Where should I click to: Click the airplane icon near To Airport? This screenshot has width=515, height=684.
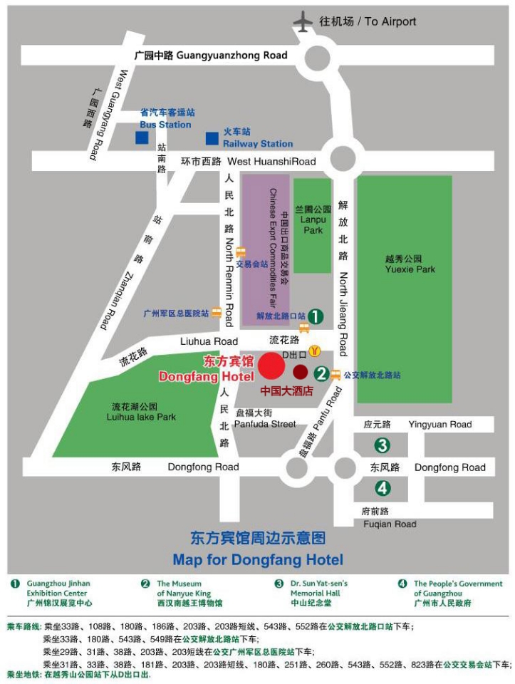pos(305,21)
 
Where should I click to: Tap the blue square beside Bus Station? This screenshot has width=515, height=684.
pos(144,137)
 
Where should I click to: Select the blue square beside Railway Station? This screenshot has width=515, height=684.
pos(212,138)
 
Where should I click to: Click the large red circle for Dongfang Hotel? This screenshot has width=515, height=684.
pos(271,366)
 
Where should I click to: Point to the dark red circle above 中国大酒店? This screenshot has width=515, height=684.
pos(301,371)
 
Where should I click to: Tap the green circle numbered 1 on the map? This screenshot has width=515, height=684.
pos(316,315)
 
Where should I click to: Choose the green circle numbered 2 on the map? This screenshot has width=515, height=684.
pos(321,373)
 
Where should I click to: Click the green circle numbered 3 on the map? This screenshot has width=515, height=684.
pos(383,445)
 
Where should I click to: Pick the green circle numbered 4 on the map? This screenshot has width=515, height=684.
pos(383,488)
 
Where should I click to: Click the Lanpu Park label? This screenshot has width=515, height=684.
pos(313,220)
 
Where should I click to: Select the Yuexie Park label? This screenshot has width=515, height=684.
pos(410,264)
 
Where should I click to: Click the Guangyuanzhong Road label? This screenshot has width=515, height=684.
pos(212,55)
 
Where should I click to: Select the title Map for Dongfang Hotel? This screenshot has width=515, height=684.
pos(257,559)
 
